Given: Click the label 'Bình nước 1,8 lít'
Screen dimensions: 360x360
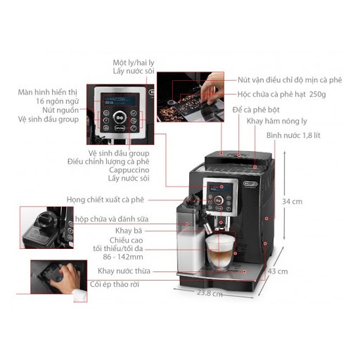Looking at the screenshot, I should (x=293, y=134).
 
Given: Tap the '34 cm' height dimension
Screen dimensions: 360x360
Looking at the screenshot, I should (x=292, y=201).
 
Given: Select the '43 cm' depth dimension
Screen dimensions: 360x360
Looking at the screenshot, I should (x=278, y=271).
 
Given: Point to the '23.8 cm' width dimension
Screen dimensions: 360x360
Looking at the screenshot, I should (x=209, y=293).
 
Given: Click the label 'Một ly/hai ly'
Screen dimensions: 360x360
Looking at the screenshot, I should (x=134, y=62).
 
